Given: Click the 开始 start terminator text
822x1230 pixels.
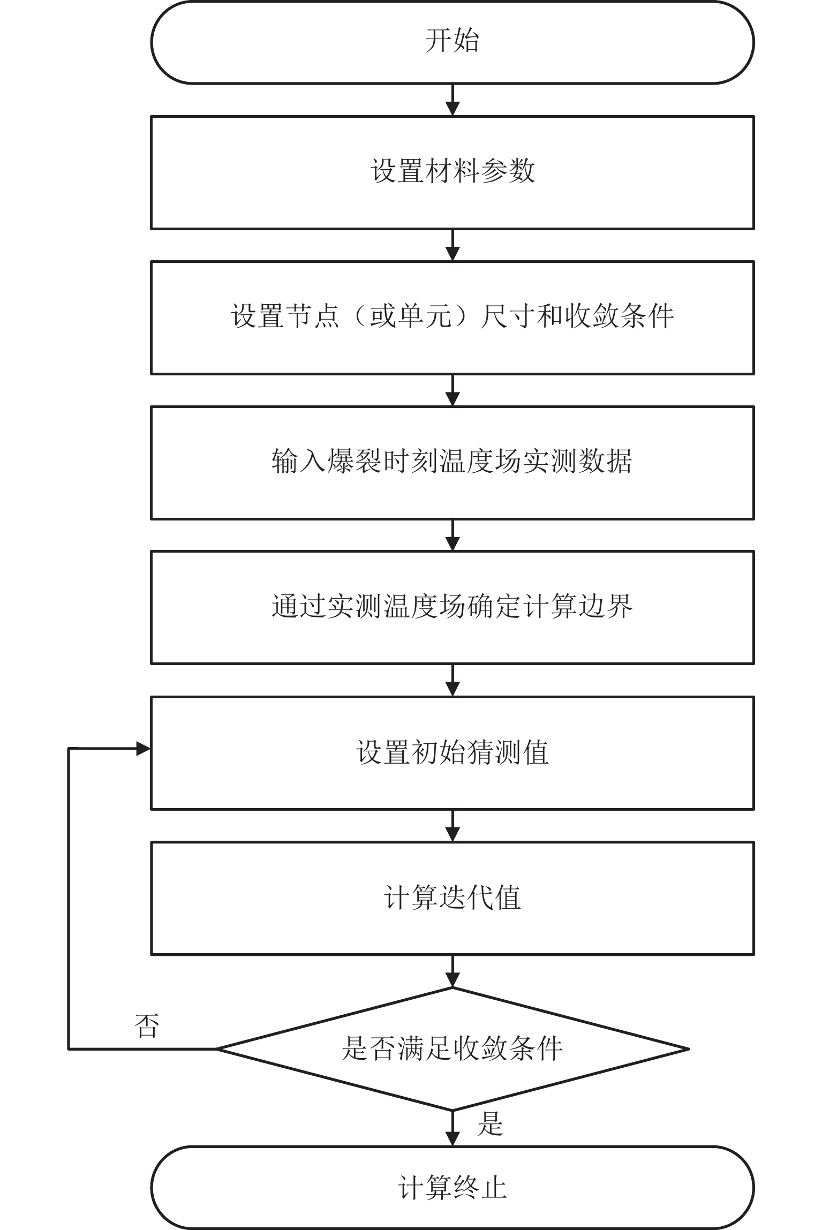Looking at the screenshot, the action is [452, 41].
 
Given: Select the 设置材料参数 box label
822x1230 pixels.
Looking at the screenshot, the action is [453, 171].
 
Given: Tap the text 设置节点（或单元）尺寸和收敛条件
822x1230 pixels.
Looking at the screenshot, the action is [453, 316].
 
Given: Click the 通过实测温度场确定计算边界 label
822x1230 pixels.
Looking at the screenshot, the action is [452, 607].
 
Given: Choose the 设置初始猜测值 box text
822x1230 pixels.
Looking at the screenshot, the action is [453, 752].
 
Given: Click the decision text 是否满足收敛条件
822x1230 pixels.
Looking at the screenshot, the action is [453, 1048].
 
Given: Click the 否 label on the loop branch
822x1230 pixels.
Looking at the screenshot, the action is [147, 1026].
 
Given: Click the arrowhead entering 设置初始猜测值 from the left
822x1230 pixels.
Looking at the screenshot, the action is [144, 749].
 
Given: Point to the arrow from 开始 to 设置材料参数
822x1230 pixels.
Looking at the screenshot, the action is [453, 100].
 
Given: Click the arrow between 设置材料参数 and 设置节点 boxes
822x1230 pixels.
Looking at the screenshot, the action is [453, 245].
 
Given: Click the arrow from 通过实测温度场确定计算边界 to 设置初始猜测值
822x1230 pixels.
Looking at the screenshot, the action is [453, 680].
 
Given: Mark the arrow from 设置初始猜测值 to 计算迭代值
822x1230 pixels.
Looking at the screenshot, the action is [453, 826].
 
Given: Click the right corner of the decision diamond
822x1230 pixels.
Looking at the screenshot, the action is [689, 1049].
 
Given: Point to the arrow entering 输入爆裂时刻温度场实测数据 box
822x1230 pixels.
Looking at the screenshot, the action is [453, 390].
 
